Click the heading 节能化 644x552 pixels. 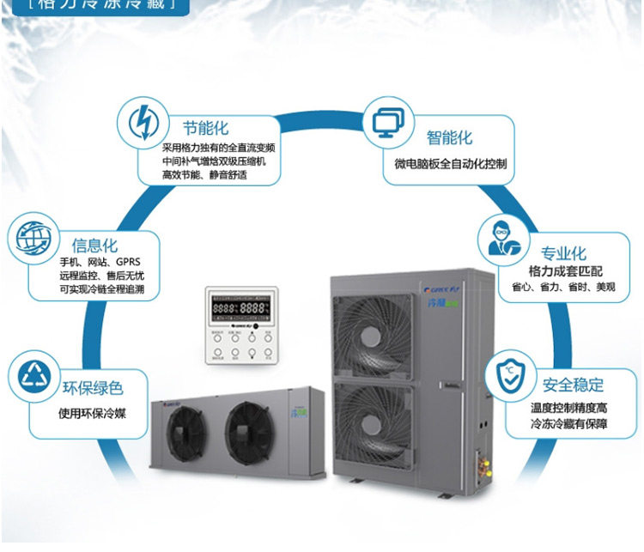coord(205,128)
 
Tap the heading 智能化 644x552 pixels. coord(449,138)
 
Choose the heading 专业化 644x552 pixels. coord(563,253)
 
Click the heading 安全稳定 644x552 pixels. coord(574,384)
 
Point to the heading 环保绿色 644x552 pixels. coord(93,388)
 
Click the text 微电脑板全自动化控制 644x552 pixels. coord(450,164)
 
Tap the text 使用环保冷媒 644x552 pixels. coord(92,413)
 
